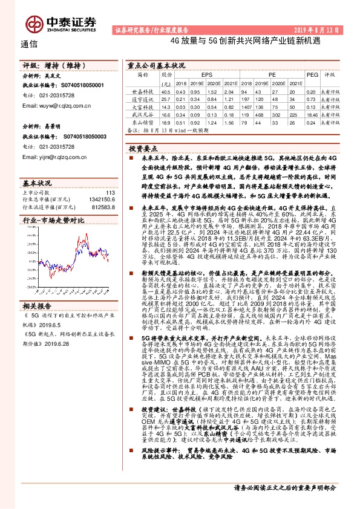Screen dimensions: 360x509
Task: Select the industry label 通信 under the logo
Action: click(x=30, y=44)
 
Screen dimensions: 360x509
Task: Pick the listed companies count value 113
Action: click(x=110, y=192)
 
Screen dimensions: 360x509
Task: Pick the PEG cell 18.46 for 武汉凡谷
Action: click(x=311, y=114)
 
